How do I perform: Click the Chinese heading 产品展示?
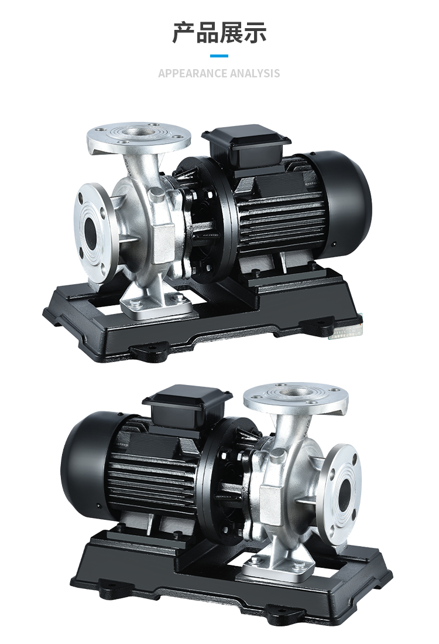click(219, 32)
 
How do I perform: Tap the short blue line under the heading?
click(219, 56)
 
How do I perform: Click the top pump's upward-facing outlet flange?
click(139, 135)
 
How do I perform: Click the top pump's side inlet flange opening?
click(91, 231)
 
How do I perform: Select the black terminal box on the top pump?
click(246, 142)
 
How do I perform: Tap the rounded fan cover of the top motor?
click(347, 201)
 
